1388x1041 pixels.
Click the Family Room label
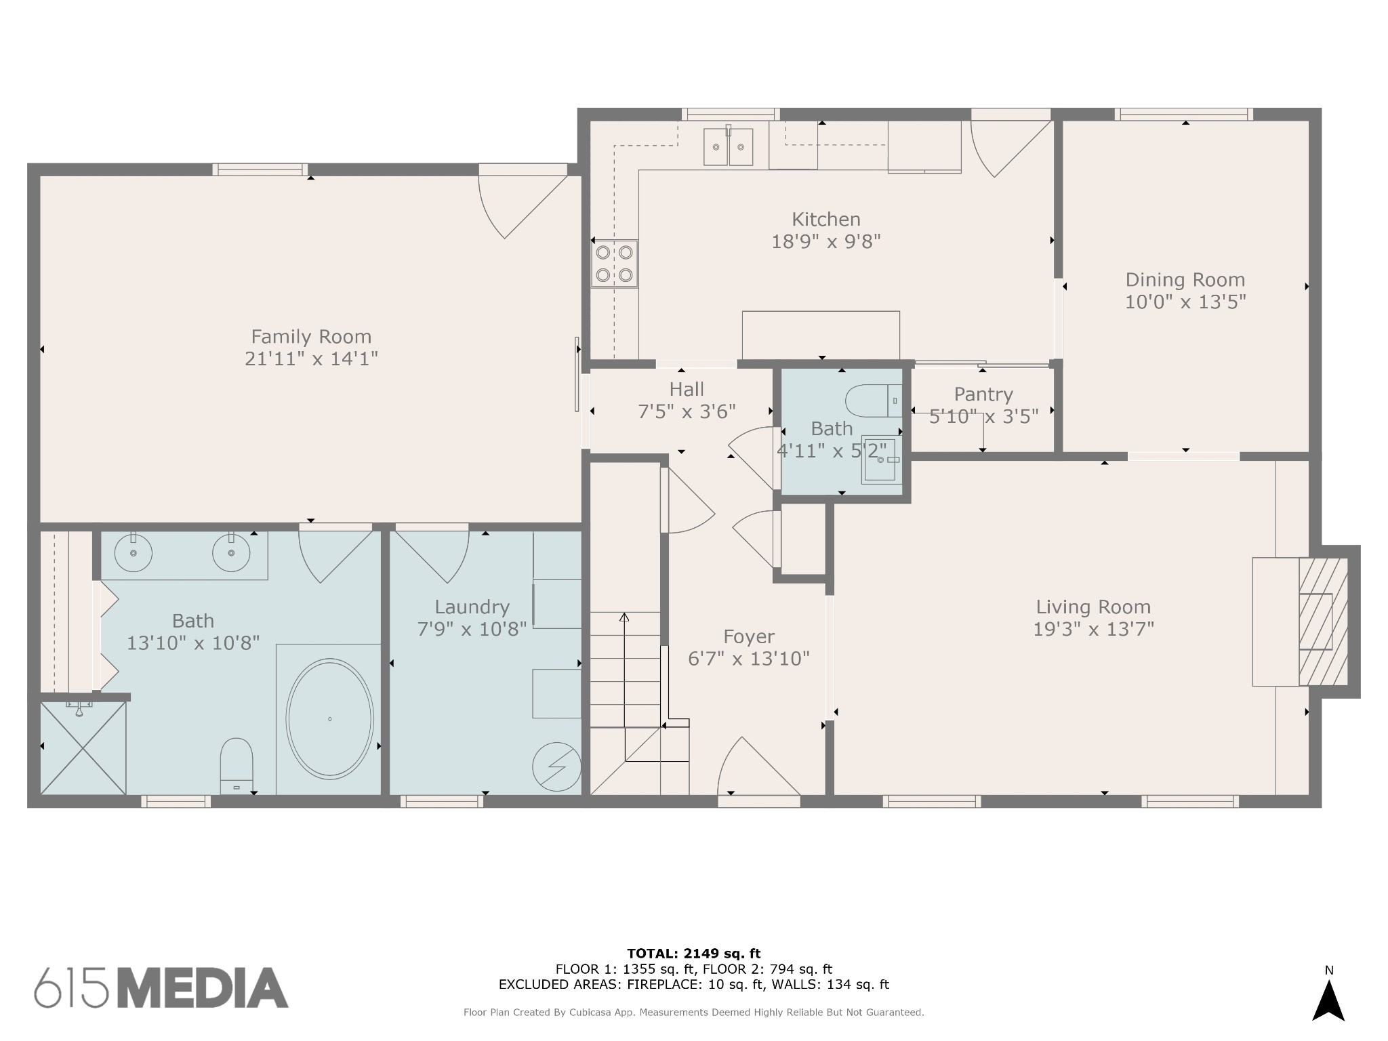pyautogui.click(x=311, y=337)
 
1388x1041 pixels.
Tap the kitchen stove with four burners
pyautogui.click(x=614, y=264)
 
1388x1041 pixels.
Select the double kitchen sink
pyautogui.click(x=729, y=146)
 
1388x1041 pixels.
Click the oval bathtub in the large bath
pyautogui.click(x=329, y=719)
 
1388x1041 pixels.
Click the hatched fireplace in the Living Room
pyautogui.click(x=1322, y=622)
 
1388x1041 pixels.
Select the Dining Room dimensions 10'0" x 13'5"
pyautogui.click(x=1185, y=302)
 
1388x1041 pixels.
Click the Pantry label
pyautogui.click(x=983, y=394)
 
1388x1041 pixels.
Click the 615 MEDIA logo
pyautogui.click(x=161, y=987)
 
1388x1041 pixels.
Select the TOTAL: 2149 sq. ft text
pyautogui.click(x=694, y=954)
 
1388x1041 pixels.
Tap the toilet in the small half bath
pyautogui.click(x=874, y=401)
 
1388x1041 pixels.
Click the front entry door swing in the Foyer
pyautogui.click(x=756, y=769)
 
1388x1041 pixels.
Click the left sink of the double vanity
pyautogui.click(x=133, y=553)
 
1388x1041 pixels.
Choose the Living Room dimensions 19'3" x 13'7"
pyautogui.click(x=1093, y=630)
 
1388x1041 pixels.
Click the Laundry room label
pyautogui.click(x=472, y=607)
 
